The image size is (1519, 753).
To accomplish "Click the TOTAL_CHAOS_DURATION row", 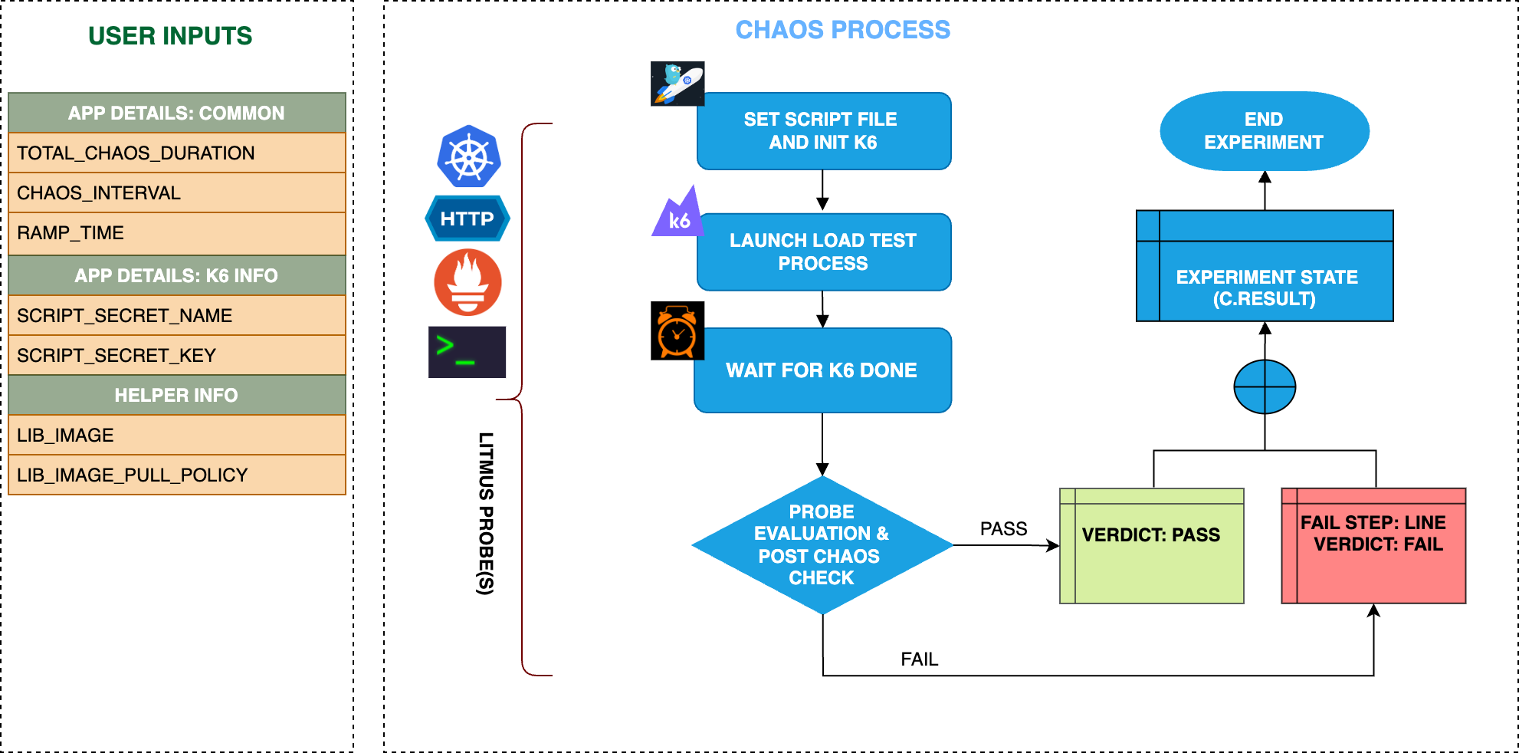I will pos(176,153).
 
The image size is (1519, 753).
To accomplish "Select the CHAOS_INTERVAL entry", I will pos(176,192).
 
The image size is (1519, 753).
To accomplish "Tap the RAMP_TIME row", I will pos(176,233).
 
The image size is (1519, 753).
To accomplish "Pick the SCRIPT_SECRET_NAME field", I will pos(176,315).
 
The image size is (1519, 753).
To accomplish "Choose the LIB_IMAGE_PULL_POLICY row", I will pos(176,475).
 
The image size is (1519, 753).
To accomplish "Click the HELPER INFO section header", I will pos(176,395).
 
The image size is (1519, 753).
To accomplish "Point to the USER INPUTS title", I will pos(170,36).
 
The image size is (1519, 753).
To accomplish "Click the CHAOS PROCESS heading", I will pos(842,30).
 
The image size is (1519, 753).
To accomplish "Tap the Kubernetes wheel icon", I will pos(469,156).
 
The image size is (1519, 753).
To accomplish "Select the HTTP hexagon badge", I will pos(468,219).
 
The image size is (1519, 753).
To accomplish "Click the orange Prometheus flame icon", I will pos(468,282).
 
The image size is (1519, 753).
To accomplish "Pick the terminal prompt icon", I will pos(467,352).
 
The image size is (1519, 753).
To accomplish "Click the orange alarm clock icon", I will pos(677,330).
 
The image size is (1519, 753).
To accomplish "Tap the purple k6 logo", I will pos(677,214).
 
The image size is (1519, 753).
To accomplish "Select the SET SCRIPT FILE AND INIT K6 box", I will pos(824,131).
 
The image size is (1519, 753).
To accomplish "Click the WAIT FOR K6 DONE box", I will pos(822,370).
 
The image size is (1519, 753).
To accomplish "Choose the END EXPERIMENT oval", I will pos(1264,131).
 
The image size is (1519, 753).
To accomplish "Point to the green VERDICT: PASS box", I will pos(1151,545).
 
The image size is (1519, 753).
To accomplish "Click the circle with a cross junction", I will pos(1265,386).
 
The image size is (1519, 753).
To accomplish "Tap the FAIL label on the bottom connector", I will pos(919,659).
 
